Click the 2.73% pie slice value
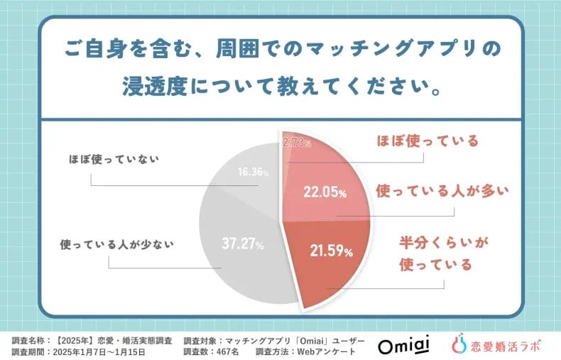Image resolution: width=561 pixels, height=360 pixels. pos(297,142)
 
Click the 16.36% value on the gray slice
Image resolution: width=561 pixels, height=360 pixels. pos(254,172)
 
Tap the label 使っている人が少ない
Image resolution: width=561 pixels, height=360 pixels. pos(118,243)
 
